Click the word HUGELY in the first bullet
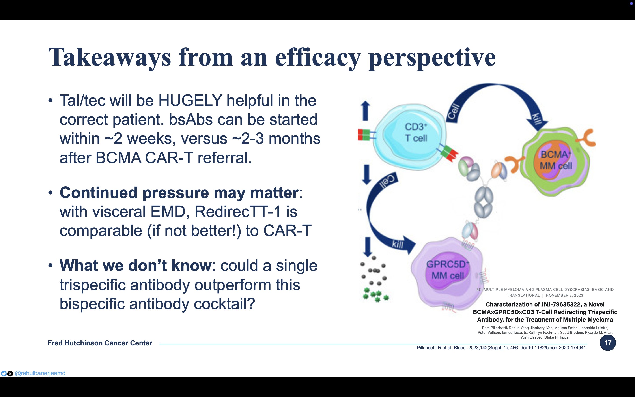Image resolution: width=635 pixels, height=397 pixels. click(190, 100)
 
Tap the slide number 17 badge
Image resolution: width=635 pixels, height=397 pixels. click(608, 343)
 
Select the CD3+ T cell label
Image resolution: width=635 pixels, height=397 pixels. click(416, 132)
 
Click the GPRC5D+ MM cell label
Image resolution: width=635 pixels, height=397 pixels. click(448, 270)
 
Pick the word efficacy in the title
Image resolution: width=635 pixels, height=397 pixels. click(318, 58)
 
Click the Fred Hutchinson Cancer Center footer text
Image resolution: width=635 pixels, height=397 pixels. click(100, 343)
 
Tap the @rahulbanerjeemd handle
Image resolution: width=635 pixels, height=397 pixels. click(40, 373)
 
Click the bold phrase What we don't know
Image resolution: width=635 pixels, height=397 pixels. click(135, 266)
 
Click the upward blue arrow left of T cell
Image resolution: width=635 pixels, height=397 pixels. click(365, 111)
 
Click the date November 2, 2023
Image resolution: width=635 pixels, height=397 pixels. click(564, 295)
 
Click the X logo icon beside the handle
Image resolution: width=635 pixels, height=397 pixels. click(10, 374)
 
